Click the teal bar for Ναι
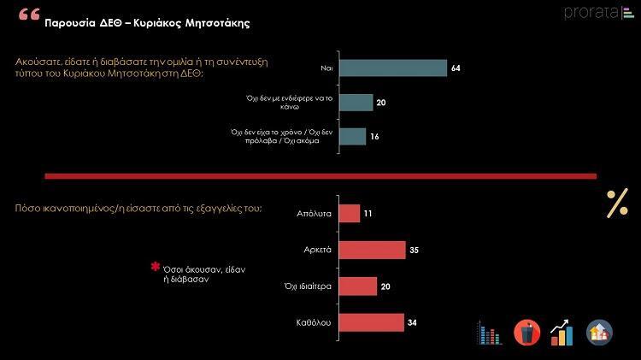point(393,68)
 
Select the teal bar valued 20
point(356,103)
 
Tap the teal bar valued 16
point(353,137)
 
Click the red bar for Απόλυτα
point(350,213)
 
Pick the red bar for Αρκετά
point(372,250)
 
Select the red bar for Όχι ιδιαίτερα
point(357,286)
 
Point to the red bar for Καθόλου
point(371,322)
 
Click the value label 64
point(456,68)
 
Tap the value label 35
point(415,250)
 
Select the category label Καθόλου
point(315,322)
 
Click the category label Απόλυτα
point(315,214)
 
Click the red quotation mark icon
point(28,16)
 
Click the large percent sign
point(617,204)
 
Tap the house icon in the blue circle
point(599,332)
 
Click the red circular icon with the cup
point(526,332)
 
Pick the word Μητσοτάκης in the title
point(212,23)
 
